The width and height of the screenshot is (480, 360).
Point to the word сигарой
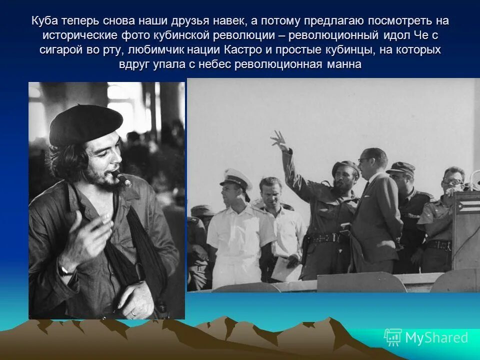tap(61, 50)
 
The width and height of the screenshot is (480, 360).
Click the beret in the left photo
tap(85, 124)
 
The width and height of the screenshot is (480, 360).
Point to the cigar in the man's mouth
tap(121, 178)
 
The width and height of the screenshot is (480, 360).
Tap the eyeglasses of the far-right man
tap(453, 182)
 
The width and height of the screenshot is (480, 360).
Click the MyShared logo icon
tap(392, 338)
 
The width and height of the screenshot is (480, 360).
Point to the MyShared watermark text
tap(436, 338)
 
